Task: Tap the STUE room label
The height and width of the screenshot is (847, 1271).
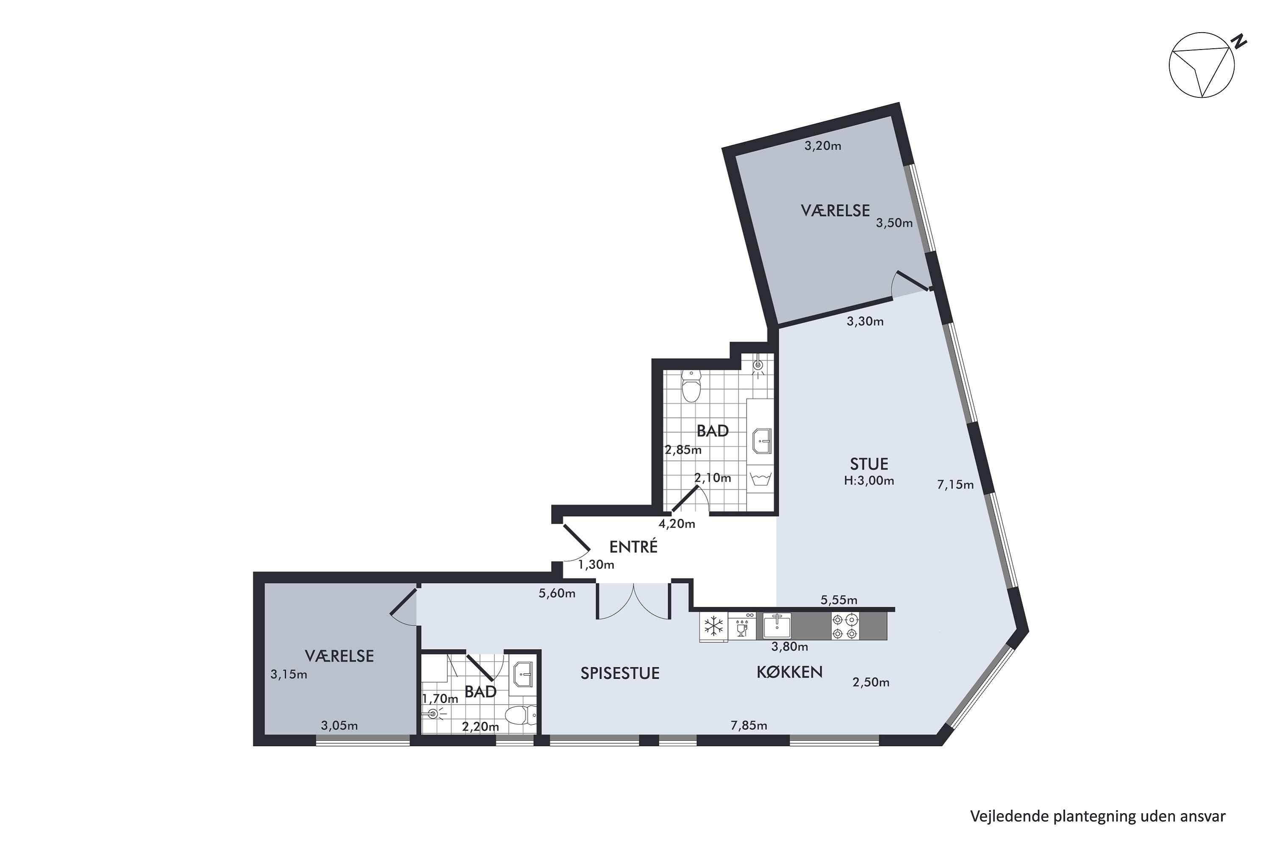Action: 869,464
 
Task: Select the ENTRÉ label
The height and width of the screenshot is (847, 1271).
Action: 633,547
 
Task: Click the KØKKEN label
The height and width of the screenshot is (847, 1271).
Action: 790,672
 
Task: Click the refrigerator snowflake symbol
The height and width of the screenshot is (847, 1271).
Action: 713,627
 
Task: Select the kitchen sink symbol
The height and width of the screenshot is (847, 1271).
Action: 777,626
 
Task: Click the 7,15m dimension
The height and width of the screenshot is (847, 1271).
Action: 955,485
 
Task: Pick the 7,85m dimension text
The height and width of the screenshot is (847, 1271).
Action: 749,725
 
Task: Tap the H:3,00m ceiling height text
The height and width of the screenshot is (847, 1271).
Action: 869,481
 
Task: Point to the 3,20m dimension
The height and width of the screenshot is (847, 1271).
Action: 822,146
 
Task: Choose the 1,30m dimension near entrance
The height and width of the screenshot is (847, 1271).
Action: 596,565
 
